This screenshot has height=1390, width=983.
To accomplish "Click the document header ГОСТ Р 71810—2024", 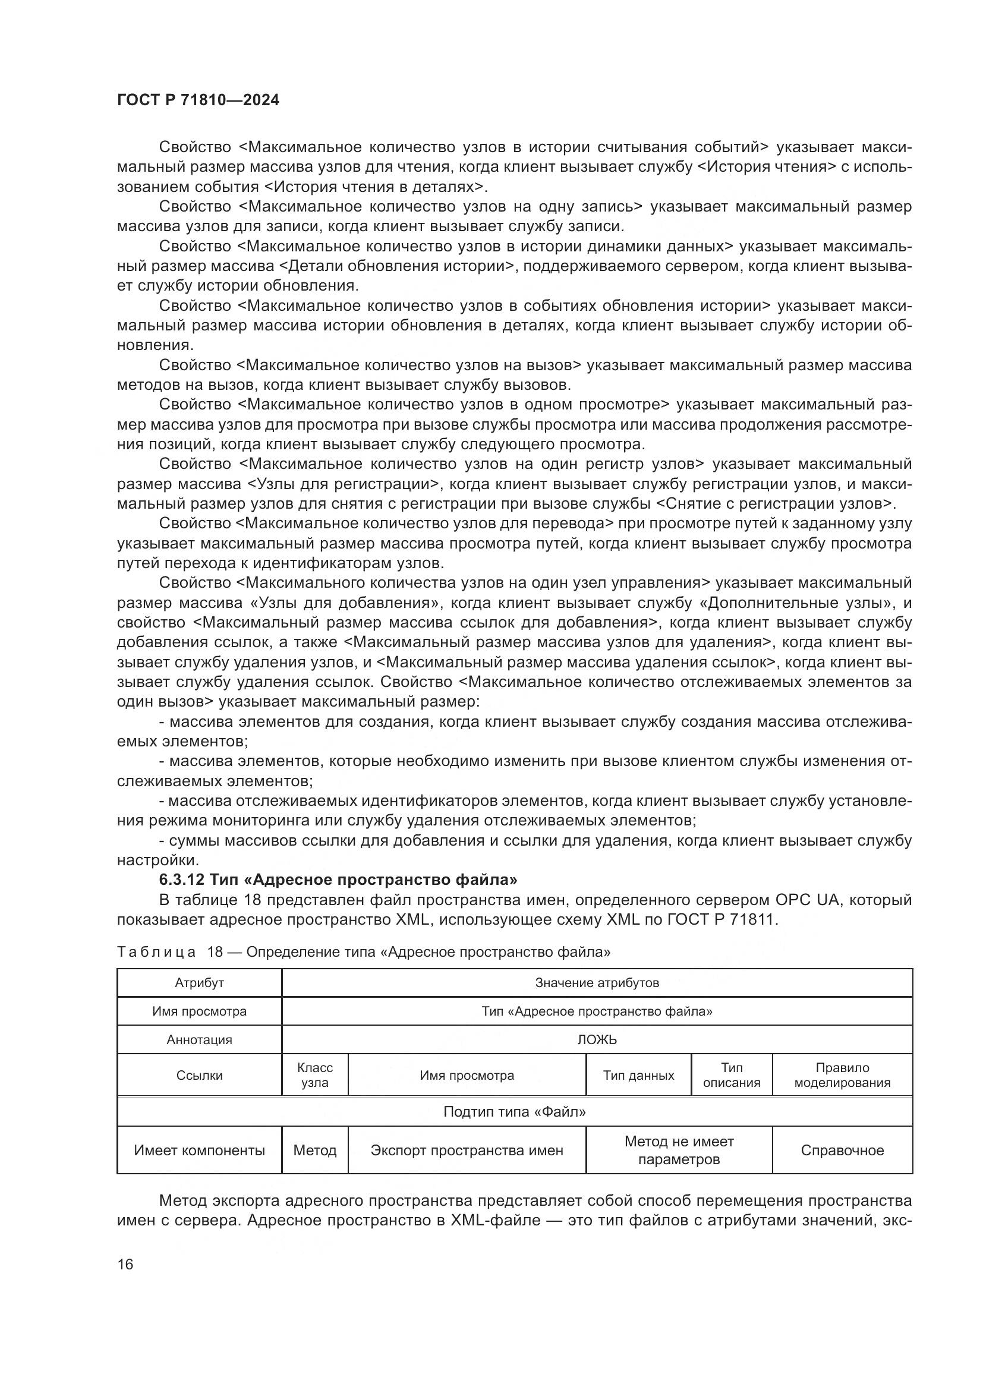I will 198,100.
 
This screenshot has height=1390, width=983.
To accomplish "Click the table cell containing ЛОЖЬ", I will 597,1039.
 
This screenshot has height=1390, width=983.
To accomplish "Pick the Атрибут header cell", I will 199,982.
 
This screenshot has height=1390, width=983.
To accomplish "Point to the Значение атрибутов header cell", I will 597,982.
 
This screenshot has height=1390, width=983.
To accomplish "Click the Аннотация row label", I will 199,1039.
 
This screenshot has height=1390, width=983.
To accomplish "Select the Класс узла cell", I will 315,1075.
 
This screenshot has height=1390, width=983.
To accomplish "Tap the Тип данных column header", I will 638,1076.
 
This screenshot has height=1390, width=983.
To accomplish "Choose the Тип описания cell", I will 731,1075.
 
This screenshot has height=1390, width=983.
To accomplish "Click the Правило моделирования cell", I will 842,1075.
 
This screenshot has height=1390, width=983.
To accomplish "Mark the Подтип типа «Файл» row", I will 515,1111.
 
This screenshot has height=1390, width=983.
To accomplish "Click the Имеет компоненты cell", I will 199,1151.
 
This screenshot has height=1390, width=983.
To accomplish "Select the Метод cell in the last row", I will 315,1151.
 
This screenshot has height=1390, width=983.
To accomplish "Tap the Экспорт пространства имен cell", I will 467,1151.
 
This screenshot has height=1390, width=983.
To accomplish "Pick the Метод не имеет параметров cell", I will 679,1151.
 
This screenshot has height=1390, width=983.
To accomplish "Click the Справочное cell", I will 842,1151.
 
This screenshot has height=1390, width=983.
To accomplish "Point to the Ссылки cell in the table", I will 199,1076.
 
